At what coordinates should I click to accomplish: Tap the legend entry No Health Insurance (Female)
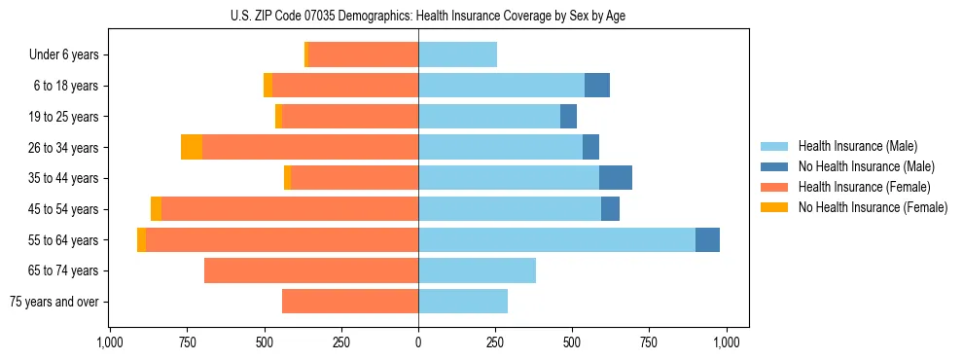pyautogui.click(x=873, y=207)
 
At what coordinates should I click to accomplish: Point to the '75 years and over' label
pyautogui.click(x=53, y=302)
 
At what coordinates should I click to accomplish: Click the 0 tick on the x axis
pyautogui.click(x=418, y=342)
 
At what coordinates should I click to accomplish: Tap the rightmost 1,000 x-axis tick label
pyautogui.click(x=727, y=342)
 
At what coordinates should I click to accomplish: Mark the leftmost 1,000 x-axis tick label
pyautogui.click(x=110, y=342)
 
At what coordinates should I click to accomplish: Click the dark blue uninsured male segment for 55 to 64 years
pyautogui.click(x=707, y=239)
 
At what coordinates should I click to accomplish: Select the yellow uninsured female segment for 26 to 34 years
pyautogui.click(x=192, y=147)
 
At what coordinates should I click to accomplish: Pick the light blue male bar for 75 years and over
pyautogui.click(x=463, y=302)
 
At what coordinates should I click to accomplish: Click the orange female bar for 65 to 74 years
pyautogui.click(x=311, y=270)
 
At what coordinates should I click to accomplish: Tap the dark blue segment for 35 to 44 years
pyautogui.click(x=616, y=178)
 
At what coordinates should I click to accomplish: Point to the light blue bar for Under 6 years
pyautogui.click(x=457, y=55)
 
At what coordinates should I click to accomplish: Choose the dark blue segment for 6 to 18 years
pyautogui.click(x=597, y=86)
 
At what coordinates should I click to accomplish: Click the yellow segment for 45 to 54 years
pyautogui.click(x=156, y=209)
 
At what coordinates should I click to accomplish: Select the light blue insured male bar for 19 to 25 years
pyautogui.click(x=489, y=117)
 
